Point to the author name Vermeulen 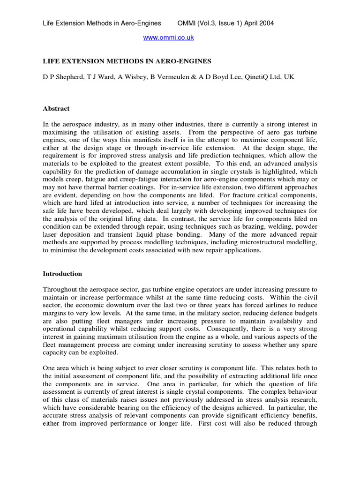pyautogui.click(x=160, y=76)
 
